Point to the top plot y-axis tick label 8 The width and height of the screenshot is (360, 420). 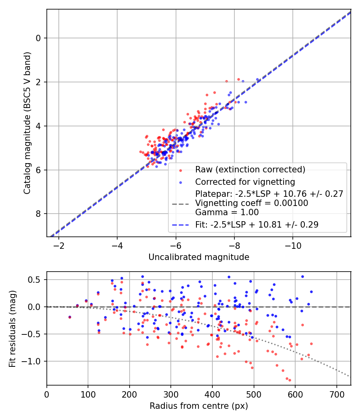(38, 214)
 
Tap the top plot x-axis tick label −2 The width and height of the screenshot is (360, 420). (59, 244)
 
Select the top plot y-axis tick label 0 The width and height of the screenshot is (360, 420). (38, 38)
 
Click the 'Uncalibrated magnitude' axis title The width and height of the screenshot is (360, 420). (199, 257)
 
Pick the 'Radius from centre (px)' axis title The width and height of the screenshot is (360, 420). (199, 406)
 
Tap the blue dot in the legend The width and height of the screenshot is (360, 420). (180, 182)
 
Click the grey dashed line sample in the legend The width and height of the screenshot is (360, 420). (180, 204)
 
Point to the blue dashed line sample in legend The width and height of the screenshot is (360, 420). (180, 225)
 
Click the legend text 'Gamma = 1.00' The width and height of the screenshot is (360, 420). (227, 212)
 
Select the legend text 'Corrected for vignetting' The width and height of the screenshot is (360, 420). (245, 182)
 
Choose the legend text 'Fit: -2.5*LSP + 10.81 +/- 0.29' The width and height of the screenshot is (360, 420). (257, 225)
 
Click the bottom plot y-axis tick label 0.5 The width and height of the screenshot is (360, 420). (37, 280)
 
